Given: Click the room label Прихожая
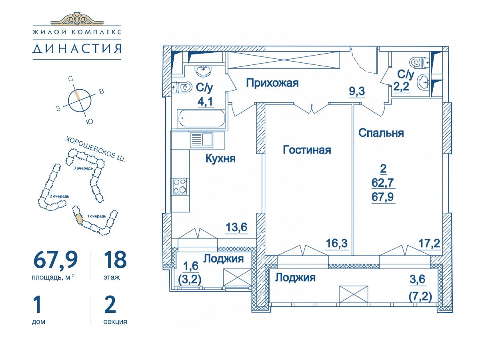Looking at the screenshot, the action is coord(272,83).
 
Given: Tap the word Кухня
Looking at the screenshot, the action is coord(220,158).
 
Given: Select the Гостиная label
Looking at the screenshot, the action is coord(307,150).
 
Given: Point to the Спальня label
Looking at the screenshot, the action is coord(381,133).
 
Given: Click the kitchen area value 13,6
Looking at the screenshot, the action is coord(236,227).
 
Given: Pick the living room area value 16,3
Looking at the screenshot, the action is coord(337,243).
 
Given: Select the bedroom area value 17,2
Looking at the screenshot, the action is coord(429,243).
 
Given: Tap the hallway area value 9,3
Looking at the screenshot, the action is coord(357,91).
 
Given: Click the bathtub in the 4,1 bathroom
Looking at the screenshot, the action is coord(201,118).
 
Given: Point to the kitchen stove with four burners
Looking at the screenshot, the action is coord(180,186).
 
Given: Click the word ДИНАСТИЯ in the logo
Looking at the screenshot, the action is coord(77,49).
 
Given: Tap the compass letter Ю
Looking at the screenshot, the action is coord(90,122).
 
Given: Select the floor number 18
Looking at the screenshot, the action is coord(116,260).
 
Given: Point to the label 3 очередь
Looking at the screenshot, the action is coord(83,168).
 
